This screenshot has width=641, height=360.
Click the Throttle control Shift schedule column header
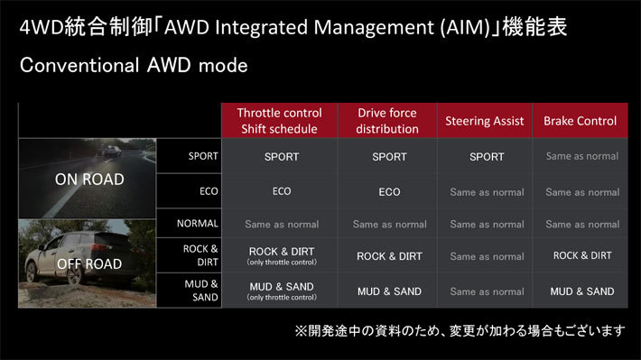click(279, 121)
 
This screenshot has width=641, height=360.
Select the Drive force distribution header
click(386, 121)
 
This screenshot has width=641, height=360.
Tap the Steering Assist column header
click(485, 121)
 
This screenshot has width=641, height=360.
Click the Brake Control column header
click(581, 121)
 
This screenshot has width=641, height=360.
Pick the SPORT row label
click(203, 156)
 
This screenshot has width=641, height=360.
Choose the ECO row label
click(209, 191)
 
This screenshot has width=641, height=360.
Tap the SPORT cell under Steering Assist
click(487, 157)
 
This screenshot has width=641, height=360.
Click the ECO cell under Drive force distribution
click(389, 192)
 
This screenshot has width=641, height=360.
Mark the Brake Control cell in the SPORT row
click(581, 157)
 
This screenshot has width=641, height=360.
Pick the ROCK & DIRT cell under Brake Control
click(581, 256)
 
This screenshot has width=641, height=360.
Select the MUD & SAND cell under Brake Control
click(581, 291)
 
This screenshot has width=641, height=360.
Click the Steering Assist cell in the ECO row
click(487, 192)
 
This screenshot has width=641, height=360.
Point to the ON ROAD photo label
click(89, 179)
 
